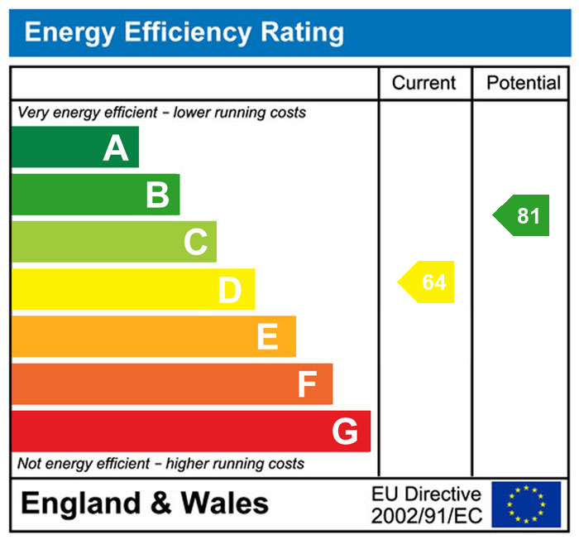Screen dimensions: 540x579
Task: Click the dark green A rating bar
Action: click(x=74, y=147)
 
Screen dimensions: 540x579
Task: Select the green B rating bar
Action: click(x=95, y=195)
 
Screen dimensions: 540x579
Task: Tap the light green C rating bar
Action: click(x=113, y=242)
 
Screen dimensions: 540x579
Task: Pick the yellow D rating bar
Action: click(x=132, y=289)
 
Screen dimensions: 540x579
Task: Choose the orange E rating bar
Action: click(x=153, y=336)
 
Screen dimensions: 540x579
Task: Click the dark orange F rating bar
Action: click(x=171, y=383)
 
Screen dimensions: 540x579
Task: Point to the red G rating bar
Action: click(x=190, y=431)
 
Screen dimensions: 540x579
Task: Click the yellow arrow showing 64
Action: click(x=428, y=282)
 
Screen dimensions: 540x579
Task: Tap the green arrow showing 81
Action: click(x=522, y=216)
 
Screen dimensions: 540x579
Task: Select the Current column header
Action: click(x=423, y=83)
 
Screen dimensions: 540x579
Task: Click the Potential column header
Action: click(x=524, y=83)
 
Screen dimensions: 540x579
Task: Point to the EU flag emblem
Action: click(x=526, y=504)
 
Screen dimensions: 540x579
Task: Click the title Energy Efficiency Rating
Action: click(x=184, y=33)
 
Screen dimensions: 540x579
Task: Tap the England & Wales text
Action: click(x=145, y=504)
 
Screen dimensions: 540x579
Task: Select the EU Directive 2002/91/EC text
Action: click(x=426, y=504)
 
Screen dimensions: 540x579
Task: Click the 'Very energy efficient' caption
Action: click(x=161, y=112)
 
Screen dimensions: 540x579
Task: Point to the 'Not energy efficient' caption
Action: click(x=160, y=464)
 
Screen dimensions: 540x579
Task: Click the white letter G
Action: click(x=345, y=431)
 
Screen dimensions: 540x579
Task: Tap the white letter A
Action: click(x=116, y=148)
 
